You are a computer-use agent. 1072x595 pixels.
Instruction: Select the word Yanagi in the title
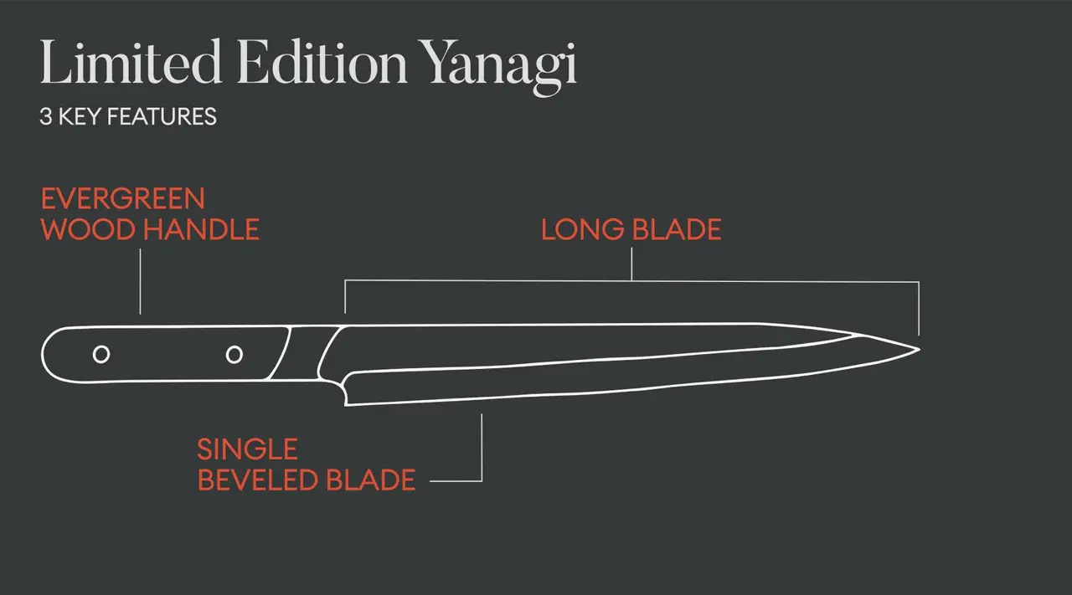pyautogui.click(x=499, y=64)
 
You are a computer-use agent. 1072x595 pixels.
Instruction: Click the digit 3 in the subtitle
pyautogui.click(x=44, y=116)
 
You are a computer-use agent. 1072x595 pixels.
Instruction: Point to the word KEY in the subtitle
pyautogui.click(x=78, y=116)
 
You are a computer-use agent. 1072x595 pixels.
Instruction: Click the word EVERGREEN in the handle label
pyautogui.click(x=123, y=199)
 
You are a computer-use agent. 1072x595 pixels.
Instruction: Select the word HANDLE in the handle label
pyautogui.click(x=204, y=229)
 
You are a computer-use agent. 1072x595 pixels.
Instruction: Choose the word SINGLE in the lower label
pyautogui.click(x=247, y=449)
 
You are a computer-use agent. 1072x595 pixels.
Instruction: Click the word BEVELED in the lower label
pyautogui.click(x=257, y=480)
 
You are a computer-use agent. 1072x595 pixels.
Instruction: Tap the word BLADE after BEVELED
pyautogui.click(x=370, y=480)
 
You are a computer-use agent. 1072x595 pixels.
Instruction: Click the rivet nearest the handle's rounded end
pyautogui.click(x=100, y=354)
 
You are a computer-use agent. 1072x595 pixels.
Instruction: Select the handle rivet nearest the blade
pyautogui.click(x=234, y=354)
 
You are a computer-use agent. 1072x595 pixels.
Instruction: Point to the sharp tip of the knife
pyautogui.click(x=918, y=348)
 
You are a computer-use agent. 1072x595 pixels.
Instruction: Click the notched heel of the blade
pyautogui.click(x=343, y=390)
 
